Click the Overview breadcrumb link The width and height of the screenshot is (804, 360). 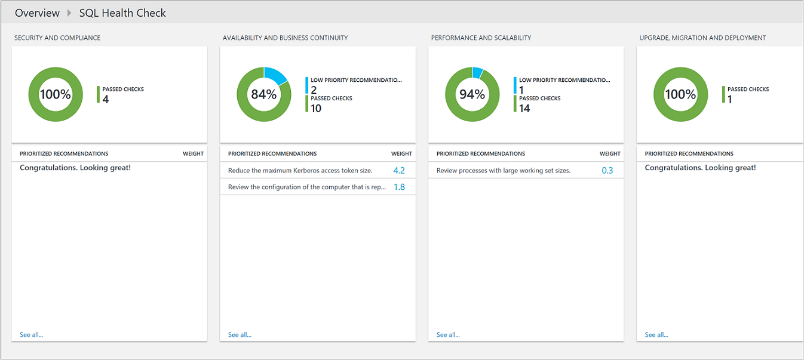[37, 13]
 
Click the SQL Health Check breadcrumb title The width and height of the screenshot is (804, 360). [122, 13]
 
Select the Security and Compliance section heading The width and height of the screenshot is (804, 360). [57, 38]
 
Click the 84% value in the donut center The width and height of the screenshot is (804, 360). [263, 94]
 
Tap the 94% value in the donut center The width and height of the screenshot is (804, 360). [472, 94]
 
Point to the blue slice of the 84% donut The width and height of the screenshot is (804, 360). [276, 75]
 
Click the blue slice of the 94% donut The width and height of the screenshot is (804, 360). [477, 72]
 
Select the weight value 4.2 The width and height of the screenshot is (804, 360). [399, 171]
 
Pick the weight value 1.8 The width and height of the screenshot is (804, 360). [399, 187]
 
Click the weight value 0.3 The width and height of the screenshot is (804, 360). [607, 171]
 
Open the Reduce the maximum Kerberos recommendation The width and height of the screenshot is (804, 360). [300, 171]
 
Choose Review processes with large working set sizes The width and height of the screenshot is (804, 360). [503, 171]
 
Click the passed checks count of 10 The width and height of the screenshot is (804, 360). [316, 108]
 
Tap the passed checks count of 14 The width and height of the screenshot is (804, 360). [524, 108]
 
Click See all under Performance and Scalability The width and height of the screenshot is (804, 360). [448, 335]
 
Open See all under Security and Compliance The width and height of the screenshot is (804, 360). [31, 335]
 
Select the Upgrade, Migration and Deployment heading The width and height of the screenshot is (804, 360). [702, 38]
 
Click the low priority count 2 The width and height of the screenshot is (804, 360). [314, 90]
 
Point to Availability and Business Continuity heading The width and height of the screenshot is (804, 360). [285, 38]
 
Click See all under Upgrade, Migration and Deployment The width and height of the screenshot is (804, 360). [656, 335]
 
